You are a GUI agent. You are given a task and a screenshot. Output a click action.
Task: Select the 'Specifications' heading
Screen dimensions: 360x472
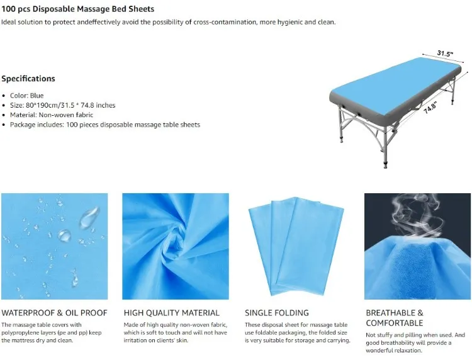28,79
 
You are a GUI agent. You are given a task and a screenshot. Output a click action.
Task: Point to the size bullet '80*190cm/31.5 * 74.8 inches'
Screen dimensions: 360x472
62,105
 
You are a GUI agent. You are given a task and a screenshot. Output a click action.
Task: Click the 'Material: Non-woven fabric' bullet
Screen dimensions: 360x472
52,115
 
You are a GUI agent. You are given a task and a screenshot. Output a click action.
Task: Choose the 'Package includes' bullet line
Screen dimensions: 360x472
104,125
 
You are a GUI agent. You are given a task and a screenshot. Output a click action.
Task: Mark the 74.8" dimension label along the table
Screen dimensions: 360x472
430,108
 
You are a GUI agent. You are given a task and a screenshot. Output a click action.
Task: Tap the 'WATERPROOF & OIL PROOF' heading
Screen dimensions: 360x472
54,313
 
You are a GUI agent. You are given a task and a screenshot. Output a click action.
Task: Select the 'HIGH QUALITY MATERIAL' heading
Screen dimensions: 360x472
171,313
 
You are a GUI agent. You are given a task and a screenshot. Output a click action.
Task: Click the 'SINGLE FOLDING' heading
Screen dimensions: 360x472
276,313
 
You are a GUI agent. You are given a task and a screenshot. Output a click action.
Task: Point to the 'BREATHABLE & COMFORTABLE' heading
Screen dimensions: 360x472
395,318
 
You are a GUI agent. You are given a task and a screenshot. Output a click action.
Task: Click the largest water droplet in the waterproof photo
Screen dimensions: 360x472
89,218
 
